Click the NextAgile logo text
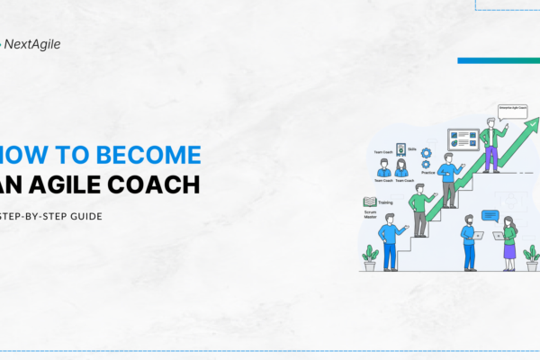[34, 42]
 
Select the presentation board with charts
[463, 141]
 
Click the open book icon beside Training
[369, 203]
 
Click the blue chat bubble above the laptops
[490, 215]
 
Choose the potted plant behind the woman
[532, 256]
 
